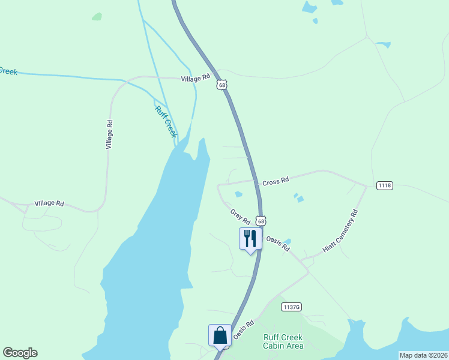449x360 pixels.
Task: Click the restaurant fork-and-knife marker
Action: (x=250, y=239)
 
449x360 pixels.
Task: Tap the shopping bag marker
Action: (x=220, y=335)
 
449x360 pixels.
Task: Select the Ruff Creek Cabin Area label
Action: (x=283, y=341)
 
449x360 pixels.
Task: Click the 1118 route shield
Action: (x=385, y=185)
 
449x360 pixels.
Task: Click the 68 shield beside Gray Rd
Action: (x=261, y=221)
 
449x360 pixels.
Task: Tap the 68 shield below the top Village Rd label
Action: (x=222, y=86)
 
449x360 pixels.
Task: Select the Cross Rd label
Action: (x=276, y=179)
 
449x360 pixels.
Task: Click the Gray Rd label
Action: (x=240, y=214)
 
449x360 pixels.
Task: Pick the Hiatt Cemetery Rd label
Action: (x=340, y=230)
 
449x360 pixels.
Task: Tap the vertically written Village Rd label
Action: (x=109, y=134)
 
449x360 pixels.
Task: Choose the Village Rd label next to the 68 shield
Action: (x=196, y=78)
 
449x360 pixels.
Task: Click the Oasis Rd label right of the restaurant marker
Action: (x=278, y=243)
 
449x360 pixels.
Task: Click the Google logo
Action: (x=20, y=353)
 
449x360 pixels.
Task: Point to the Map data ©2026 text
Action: (x=423, y=355)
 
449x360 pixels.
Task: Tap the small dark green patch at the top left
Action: (x=97, y=17)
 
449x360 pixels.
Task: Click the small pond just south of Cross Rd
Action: (x=238, y=194)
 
